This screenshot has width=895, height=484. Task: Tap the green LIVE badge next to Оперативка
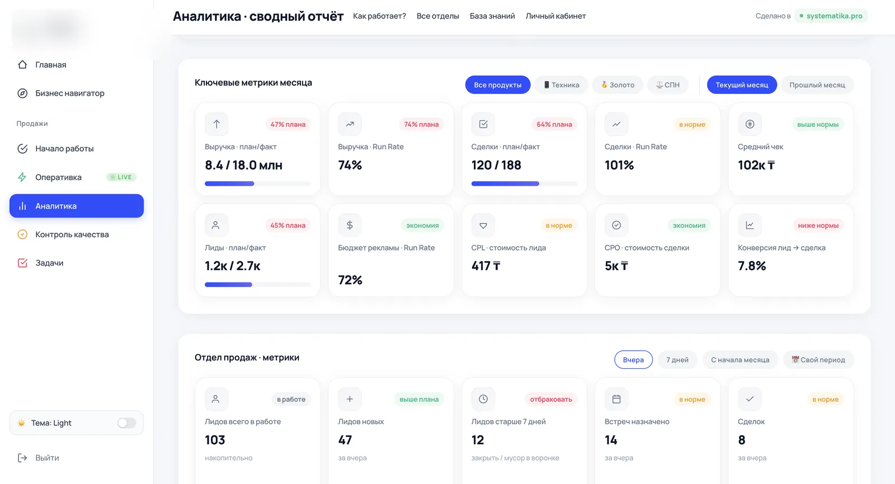click(x=121, y=177)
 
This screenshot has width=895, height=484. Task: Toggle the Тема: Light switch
click(x=126, y=423)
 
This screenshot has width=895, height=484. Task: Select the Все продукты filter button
click(x=497, y=84)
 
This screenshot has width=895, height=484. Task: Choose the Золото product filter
click(x=618, y=84)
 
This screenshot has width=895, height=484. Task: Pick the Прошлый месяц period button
click(x=817, y=84)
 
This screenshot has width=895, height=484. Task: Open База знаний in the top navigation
click(x=492, y=16)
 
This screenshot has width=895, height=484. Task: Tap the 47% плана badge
click(x=288, y=124)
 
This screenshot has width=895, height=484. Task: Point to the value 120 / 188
click(x=496, y=165)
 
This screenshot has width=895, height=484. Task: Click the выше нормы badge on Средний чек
click(x=817, y=124)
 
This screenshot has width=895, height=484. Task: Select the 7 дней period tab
click(x=677, y=360)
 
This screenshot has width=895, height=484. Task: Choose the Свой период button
click(x=818, y=360)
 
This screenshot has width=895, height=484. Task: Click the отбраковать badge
click(x=550, y=400)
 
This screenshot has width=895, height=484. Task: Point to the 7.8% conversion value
click(x=752, y=266)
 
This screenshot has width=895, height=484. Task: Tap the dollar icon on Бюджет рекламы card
click(x=350, y=225)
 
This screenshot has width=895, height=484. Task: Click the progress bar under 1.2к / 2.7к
click(x=257, y=285)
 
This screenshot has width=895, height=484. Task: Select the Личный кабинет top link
click(x=555, y=16)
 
